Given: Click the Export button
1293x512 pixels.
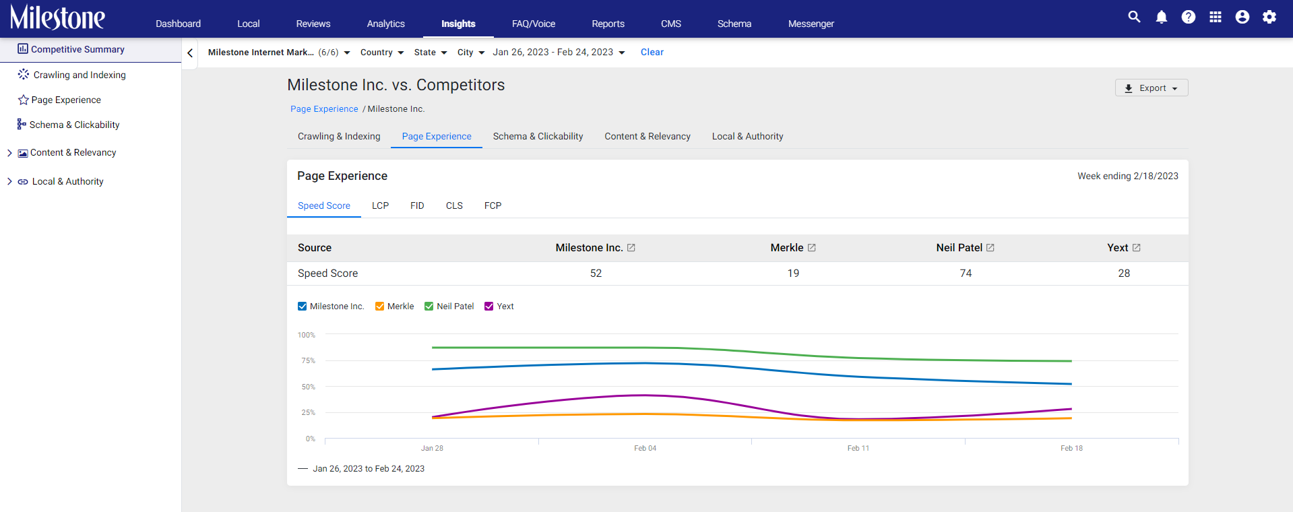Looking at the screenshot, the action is (x=1152, y=88).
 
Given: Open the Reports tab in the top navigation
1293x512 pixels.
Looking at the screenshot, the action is (x=608, y=24).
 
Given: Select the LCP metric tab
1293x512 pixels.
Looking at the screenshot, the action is (x=380, y=205).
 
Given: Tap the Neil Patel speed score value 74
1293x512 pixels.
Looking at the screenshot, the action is (x=966, y=273).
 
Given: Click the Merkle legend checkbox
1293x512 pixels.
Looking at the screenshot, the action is (x=380, y=307).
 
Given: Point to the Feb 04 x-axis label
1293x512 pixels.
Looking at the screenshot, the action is (x=645, y=448).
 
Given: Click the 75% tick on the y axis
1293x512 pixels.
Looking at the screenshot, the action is (x=308, y=360).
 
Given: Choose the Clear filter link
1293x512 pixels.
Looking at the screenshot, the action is (x=652, y=52).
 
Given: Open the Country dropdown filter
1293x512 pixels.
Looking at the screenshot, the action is (x=382, y=53).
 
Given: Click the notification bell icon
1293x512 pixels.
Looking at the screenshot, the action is (x=1162, y=18).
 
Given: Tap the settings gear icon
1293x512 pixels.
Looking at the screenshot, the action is (x=1269, y=18).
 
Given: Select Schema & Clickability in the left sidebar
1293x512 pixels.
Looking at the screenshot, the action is (x=74, y=125).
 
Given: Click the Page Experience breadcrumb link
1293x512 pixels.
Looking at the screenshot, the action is (x=324, y=109).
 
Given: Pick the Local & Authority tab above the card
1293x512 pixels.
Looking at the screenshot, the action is (x=747, y=136).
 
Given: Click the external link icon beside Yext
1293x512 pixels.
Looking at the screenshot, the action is (x=1137, y=248).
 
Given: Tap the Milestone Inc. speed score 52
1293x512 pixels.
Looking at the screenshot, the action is (x=596, y=273).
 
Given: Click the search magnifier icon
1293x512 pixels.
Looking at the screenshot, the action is (x=1135, y=18).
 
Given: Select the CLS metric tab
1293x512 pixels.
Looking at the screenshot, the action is (x=454, y=205).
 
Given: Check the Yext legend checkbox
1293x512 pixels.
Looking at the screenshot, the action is (x=489, y=307).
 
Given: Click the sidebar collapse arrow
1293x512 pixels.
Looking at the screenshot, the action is (x=190, y=53).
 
